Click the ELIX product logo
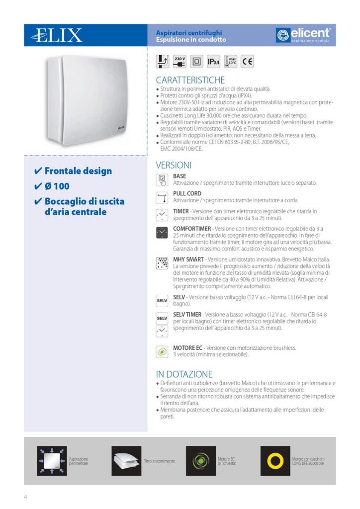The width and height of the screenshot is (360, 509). click(56, 35)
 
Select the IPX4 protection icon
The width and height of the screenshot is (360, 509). click(213, 62)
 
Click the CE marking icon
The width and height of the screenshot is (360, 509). click(247, 62)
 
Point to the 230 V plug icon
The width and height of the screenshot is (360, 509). click(180, 62)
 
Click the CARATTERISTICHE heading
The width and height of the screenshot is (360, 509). click(190, 80)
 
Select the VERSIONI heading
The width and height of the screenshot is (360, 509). click(174, 165)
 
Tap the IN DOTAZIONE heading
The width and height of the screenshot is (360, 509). click(184, 374)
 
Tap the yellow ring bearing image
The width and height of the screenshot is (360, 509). click(275, 461)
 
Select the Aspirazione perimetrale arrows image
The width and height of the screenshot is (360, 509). click(52, 461)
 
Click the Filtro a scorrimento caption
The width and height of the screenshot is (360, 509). click(159, 461)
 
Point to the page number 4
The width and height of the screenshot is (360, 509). click(25, 497)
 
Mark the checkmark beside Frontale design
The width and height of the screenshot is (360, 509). click(38, 171)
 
